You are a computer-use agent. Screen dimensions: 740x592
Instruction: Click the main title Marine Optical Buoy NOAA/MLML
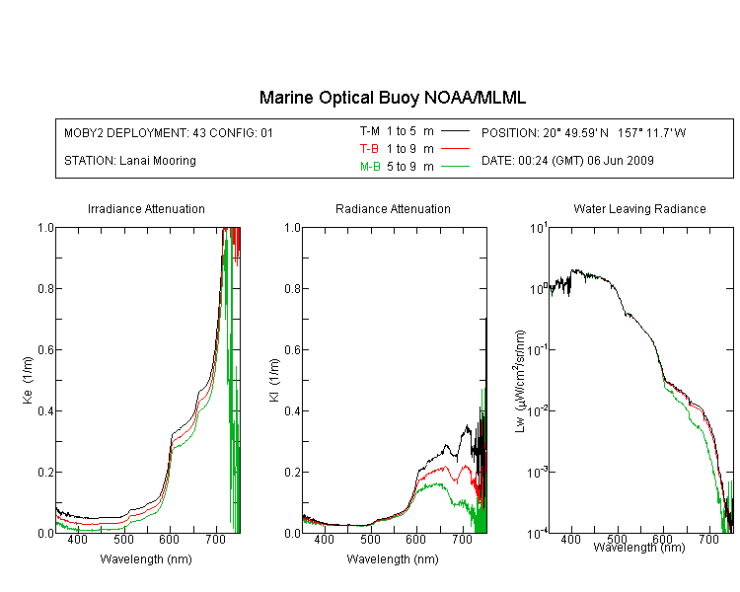[x=392, y=98]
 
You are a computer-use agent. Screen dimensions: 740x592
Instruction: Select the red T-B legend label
[x=369, y=149]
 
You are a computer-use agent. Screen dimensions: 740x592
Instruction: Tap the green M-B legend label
[x=370, y=167]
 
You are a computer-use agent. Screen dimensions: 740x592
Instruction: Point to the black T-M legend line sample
[x=455, y=131]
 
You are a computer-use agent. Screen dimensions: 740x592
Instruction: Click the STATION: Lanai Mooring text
[x=130, y=161]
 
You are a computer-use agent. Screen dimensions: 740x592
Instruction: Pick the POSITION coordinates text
[x=583, y=132]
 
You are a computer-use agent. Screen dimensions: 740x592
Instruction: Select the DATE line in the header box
[x=567, y=161]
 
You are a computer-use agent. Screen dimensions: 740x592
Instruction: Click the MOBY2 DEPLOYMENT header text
[x=169, y=133]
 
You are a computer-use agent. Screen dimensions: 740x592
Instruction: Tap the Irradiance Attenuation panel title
[x=146, y=208]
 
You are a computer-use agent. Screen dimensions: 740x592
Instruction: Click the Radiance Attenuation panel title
[x=393, y=208]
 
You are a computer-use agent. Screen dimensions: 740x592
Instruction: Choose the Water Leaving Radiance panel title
[x=639, y=208]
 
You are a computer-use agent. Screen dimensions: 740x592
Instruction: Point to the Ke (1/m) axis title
[x=28, y=380]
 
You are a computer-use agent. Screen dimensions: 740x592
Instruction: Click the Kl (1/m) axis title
[x=274, y=380]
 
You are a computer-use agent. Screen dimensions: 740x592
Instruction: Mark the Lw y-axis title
[x=520, y=381]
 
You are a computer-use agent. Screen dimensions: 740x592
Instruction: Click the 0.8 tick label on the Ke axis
[x=46, y=288]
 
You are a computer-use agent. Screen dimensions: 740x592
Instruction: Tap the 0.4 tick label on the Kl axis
[x=293, y=410]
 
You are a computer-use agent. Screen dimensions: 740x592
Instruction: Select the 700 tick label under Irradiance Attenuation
[x=215, y=539]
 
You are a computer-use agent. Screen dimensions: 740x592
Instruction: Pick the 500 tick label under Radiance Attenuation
[x=370, y=539]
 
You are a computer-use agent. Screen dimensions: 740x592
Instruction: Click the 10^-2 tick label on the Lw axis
[x=538, y=409]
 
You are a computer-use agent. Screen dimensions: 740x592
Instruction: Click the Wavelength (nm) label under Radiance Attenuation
[x=393, y=559]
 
